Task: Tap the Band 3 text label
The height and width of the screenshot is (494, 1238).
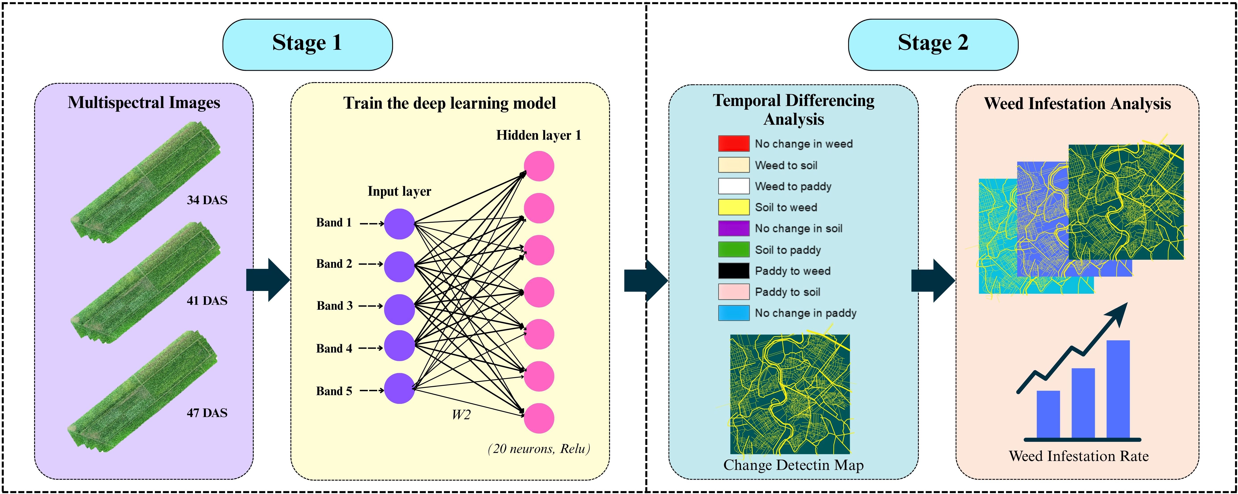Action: click(x=335, y=306)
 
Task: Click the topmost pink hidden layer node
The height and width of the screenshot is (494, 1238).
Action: click(x=539, y=166)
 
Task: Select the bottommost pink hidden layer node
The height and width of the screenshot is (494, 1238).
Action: click(x=539, y=418)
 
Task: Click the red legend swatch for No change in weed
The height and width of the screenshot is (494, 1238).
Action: click(x=733, y=143)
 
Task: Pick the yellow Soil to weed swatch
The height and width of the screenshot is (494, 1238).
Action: click(x=733, y=207)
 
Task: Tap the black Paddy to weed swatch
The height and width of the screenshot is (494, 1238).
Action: click(x=733, y=271)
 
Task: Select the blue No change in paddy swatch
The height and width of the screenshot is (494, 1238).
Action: click(x=733, y=313)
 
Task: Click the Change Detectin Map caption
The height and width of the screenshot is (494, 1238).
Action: click(x=793, y=465)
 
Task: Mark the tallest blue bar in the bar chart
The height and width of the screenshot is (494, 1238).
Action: click(x=1118, y=389)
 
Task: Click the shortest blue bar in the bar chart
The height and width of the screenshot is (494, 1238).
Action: click(x=1048, y=414)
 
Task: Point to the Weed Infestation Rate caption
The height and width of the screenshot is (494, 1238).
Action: click(x=1079, y=456)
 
